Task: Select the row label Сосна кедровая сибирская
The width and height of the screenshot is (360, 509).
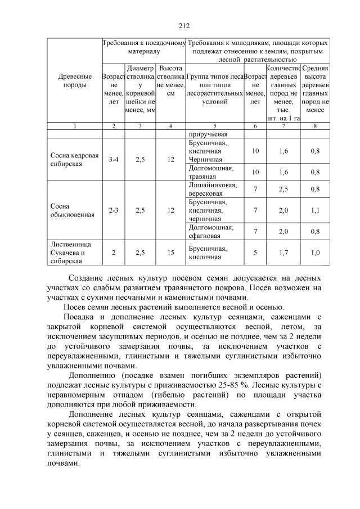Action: (x=74, y=159)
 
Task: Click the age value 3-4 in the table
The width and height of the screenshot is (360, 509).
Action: (x=113, y=159)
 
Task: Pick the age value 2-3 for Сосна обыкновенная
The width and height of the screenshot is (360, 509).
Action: (x=113, y=210)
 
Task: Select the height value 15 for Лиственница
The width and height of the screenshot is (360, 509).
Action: (x=171, y=253)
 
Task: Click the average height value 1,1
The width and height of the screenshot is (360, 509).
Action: (x=315, y=210)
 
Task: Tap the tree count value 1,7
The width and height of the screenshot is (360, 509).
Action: (x=284, y=253)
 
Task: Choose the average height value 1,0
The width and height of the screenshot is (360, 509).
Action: (x=315, y=253)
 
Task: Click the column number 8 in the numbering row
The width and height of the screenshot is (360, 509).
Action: (x=315, y=126)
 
